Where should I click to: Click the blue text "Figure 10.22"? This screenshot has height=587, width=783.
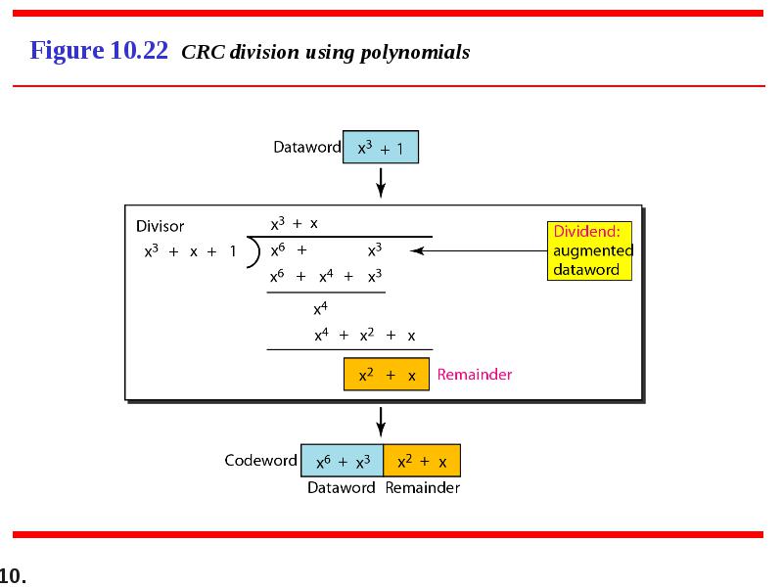[99, 51]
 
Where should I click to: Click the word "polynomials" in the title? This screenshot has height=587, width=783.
[415, 53]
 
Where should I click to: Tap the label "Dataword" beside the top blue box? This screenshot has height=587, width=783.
[307, 147]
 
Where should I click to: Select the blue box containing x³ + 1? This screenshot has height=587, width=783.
[381, 147]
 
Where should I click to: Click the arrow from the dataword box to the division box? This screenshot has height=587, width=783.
[381, 183]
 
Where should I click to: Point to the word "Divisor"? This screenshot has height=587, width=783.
[160, 226]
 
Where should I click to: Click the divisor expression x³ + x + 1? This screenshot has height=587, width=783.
[190, 251]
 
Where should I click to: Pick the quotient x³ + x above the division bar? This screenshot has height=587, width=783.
[295, 223]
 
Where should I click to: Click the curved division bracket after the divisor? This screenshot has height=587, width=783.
[254, 252]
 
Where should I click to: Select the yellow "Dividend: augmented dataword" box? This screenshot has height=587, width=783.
[589, 250]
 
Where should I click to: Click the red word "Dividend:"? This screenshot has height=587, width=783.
[586, 231]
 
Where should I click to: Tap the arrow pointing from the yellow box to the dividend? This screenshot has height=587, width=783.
[479, 250]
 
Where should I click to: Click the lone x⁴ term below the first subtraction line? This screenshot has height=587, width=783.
[321, 309]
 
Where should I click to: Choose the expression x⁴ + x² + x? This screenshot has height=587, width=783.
[364, 335]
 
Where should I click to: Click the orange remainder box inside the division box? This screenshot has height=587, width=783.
[387, 374]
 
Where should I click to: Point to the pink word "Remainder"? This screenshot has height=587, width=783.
[475, 375]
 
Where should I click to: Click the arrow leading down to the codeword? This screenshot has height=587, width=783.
[381, 422]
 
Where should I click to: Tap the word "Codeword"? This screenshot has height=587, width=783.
[260, 460]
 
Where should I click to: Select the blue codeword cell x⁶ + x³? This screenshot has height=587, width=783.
[342, 460]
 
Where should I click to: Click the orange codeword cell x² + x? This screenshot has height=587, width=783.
[422, 460]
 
